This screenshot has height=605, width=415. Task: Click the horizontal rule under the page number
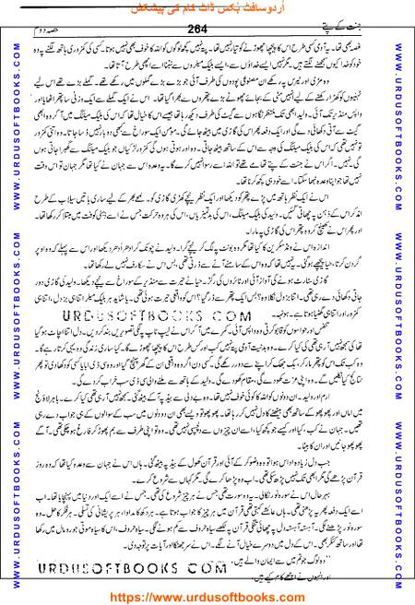click(207, 36)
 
